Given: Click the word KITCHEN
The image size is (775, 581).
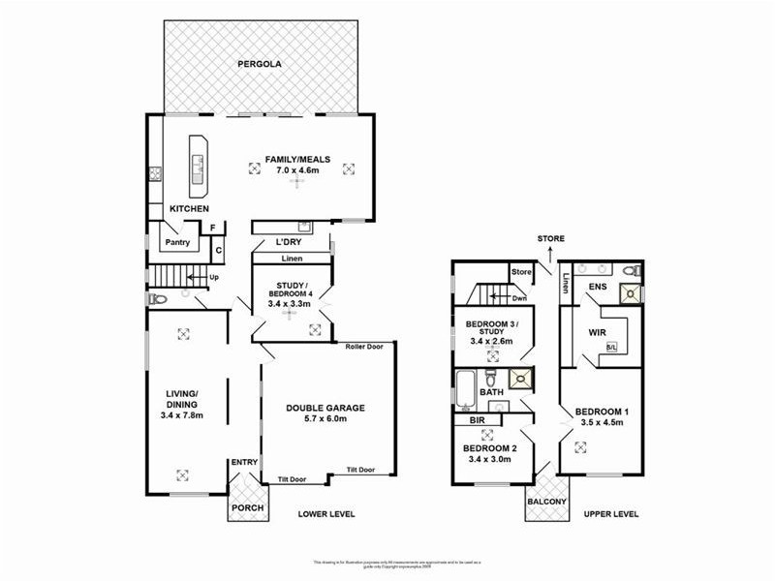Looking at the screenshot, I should [189, 209].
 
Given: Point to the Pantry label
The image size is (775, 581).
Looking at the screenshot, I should [176, 243].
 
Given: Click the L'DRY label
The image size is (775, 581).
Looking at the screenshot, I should [289, 241].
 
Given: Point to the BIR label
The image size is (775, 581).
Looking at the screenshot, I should [477, 422].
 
